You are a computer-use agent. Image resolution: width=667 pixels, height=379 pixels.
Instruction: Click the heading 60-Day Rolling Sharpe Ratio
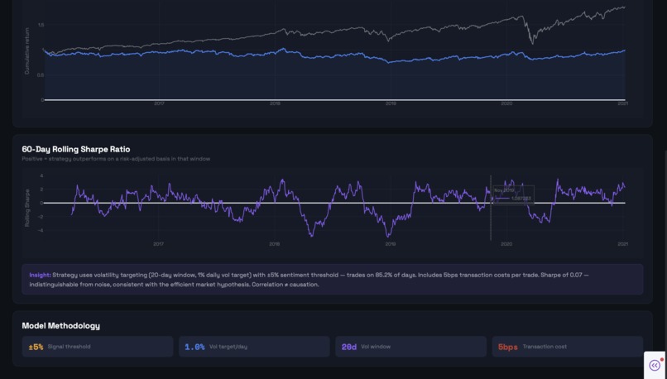pyautogui.click(x=75, y=149)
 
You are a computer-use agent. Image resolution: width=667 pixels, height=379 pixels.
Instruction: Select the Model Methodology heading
pyautogui.click(x=60, y=326)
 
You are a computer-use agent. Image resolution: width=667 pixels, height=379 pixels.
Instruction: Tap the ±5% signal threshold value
pyautogui.click(x=36, y=347)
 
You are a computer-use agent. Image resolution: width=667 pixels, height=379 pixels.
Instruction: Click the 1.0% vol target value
pyautogui.click(x=194, y=347)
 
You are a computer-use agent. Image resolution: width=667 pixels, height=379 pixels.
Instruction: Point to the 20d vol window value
pyautogui.click(x=349, y=347)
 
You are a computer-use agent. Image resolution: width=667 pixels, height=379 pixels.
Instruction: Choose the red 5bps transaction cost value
pyautogui.click(x=507, y=347)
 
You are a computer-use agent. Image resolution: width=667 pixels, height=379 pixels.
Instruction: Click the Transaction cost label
pyautogui.click(x=545, y=347)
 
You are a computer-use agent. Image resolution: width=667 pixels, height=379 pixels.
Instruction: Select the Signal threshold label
pyautogui.click(x=69, y=347)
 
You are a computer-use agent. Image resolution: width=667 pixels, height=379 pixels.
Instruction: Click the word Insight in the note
pyautogui.click(x=40, y=275)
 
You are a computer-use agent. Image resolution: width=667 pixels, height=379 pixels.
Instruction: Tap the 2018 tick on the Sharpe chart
pyautogui.click(x=275, y=244)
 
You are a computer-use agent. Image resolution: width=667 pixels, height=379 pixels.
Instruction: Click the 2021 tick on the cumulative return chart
pyautogui.click(x=622, y=103)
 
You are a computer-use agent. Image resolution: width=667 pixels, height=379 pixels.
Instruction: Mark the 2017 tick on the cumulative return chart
pyautogui.click(x=159, y=103)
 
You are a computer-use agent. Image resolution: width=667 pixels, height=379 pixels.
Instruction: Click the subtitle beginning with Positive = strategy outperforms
pyautogui.click(x=116, y=159)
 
